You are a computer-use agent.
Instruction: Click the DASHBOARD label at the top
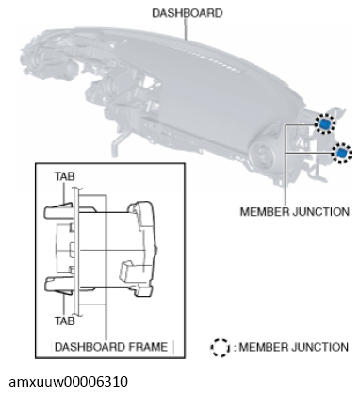pyautogui.click(x=188, y=13)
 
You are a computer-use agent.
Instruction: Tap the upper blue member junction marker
pyautogui.click(x=325, y=123)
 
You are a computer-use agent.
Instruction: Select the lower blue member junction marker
pyautogui.click(x=341, y=153)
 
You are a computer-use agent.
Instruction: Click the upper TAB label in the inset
pyautogui.click(x=65, y=176)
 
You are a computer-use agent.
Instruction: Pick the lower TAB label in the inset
pyautogui.click(x=65, y=321)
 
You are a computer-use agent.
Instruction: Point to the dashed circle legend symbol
pyautogui.click(x=220, y=348)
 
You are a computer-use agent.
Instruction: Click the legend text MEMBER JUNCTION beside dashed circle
pyautogui.click(x=293, y=347)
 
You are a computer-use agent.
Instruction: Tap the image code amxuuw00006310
pyautogui.click(x=69, y=382)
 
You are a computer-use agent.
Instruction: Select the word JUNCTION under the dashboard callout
pyautogui.click(x=321, y=211)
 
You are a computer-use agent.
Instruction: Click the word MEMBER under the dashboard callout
pyautogui.click(x=266, y=211)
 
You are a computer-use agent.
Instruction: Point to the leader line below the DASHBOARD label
pyautogui.click(x=187, y=29)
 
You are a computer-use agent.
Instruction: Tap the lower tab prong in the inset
pyautogui.click(x=59, y=285)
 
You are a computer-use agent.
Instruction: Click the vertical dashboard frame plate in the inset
pyautogui.click(x=75, y=252)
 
